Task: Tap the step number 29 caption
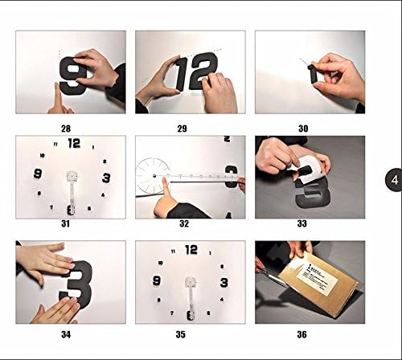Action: point(190,126)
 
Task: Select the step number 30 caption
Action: point(310,126)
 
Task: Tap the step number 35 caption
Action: point(190,329)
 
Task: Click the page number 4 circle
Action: point(394,179)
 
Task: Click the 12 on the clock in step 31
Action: point(74,144)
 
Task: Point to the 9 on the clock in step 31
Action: point(37,174)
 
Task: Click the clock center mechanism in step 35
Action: point(191,284)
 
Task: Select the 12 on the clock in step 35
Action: point(191,250)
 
